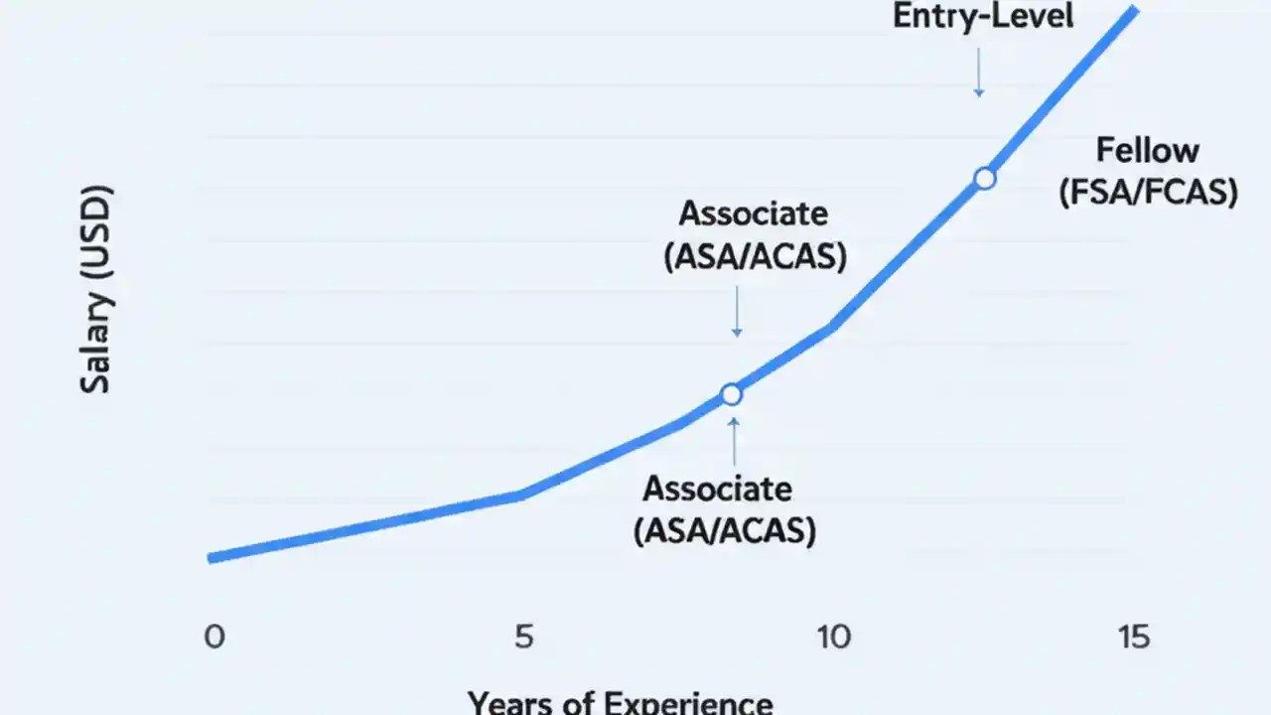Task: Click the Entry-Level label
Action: click(983, 17)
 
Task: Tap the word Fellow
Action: click(1148, 151)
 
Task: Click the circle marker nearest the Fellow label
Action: click(984, 179)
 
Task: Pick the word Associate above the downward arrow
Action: click(753, 214)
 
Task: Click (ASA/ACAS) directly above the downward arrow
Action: click(755, 255)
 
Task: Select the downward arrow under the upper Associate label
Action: click(737, 312)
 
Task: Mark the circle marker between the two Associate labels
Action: click(732, 395)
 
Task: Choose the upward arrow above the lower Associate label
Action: click(734, 442)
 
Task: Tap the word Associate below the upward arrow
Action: click(718, 489)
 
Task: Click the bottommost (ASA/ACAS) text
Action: click(725, 530)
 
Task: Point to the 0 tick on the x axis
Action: click(214, 637)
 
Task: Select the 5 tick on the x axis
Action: click(524, 637)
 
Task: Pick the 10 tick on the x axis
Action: click(832, 637)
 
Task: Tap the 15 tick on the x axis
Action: click(1133, 637)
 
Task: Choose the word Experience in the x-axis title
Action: click(684, 703)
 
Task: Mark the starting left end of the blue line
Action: click(212, 558)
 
